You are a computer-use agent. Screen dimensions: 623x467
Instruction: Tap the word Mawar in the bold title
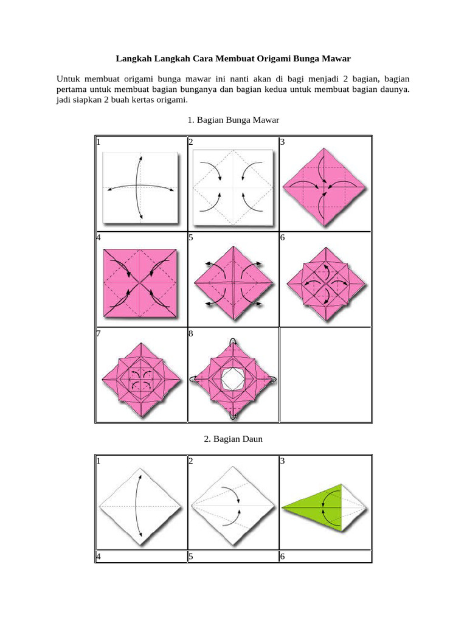coord(336,59)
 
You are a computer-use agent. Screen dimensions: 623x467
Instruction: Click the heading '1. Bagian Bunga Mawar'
coord(234,120)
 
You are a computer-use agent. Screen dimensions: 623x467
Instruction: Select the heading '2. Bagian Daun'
coord(234,439)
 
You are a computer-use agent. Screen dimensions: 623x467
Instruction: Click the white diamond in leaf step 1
coord(141,506)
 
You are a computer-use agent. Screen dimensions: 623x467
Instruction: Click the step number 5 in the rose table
coord(190,238)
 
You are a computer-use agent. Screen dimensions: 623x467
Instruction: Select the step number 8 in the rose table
coord(190,333)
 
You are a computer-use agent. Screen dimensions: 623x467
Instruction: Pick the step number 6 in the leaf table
coord(282,556)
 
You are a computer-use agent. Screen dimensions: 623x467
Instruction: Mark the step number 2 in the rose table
coord(190,142)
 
